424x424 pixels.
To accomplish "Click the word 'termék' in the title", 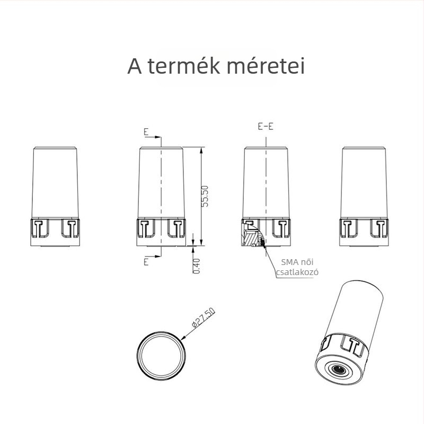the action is click(x=184, y=66).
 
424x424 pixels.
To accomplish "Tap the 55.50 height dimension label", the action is click(x=205, y=196).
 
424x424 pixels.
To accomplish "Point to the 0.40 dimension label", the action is click(x=197, y=266).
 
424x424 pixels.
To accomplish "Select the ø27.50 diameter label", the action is click(x=203, y=317).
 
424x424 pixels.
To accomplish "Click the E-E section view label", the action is click(x=266, y=126).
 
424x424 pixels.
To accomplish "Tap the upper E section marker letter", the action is click(x=146, y=131).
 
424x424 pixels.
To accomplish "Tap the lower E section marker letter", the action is click(x=146, y=262).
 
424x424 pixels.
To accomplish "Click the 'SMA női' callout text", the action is click(x=297, y=262).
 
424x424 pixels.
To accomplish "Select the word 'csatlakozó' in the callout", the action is click(x=297, y=272).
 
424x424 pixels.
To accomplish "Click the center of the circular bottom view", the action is click(x=161, y=356).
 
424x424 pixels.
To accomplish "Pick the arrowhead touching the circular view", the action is click(x=183, y=338).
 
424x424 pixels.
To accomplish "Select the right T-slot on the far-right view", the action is click(x=379, y=228).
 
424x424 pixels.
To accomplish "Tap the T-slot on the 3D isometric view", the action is click(x=351, y=346).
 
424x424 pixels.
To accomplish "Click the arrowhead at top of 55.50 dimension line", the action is click(x=201, y=151).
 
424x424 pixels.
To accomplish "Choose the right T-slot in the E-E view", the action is click(x=281, y=228).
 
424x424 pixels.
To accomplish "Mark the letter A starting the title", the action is click(x=135, y=66).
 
